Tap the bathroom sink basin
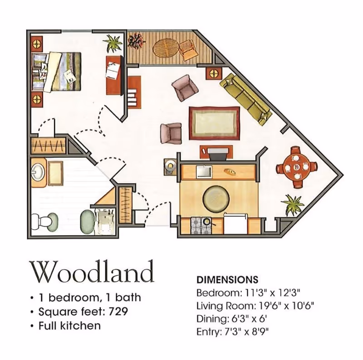[x=38, y=172]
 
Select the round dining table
[x=296, y=167]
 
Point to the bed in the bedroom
[x=56, y=72]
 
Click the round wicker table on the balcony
[x=166, y=49]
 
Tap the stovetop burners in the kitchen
[x=201, y=226]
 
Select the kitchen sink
[x=204, y=172]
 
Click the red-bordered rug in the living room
[x=214, y=123]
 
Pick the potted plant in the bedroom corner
[x=113, y=43]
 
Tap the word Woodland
[x=92, y=272]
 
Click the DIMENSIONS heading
[x=227, y=280]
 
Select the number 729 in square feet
[x=118, y=311]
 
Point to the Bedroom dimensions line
[x=248, y=293]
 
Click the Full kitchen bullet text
[x=69, y=326]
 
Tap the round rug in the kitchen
[x=216, y=199]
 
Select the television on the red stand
[x=217, y=154]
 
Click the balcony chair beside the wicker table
[x=188, y=50]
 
